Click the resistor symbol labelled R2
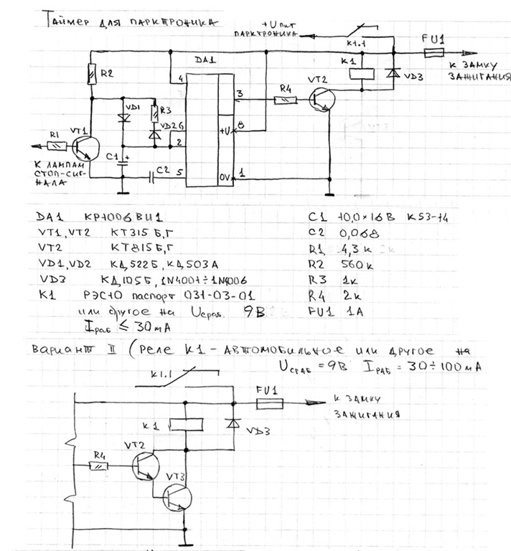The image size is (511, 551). [91, 72]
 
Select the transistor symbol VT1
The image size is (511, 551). [84, 146]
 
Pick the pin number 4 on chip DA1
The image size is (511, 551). [181, 77]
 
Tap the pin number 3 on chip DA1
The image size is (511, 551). [240, 93]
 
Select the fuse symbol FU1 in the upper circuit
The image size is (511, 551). [434, 52]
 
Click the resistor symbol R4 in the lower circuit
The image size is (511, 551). [98, 466]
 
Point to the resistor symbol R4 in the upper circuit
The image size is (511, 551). [286, 100]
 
